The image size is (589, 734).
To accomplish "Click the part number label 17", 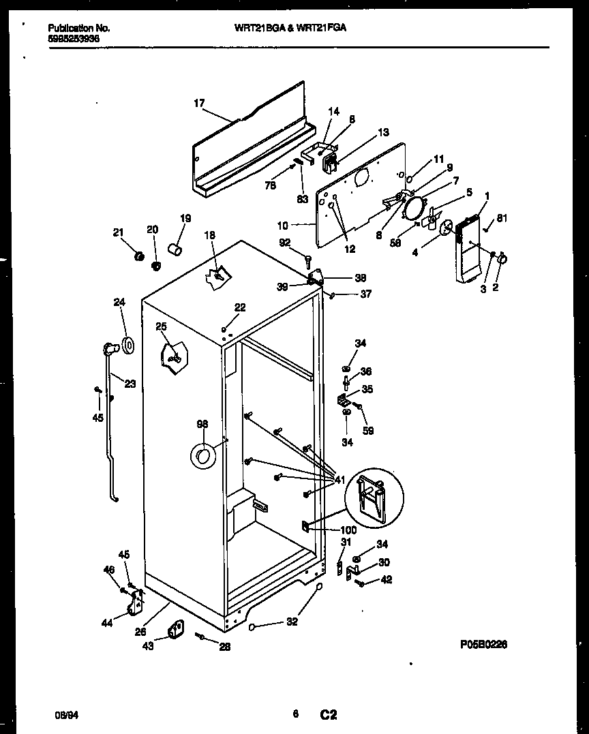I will (198, 104).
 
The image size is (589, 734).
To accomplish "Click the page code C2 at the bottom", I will (329, 715).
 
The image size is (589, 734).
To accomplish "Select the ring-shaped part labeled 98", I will (202, 456).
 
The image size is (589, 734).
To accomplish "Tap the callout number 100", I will (348, 530).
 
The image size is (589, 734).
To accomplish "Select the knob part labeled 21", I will (139, 256).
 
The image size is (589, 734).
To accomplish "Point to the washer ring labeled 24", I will (127, 345).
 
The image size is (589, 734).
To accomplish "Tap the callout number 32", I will (292, 622).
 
